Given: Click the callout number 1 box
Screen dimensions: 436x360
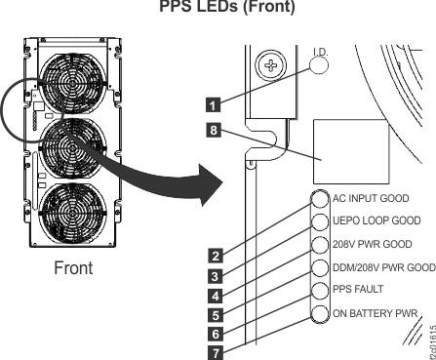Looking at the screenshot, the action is tap(213, 105).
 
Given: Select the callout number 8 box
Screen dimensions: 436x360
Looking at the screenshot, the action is tap(214, 130).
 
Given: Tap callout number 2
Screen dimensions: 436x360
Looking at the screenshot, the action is tap(216, 256).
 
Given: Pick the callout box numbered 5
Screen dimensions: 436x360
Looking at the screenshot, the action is tap(216, 315).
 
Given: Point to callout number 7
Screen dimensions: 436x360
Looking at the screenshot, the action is tap(216, 353).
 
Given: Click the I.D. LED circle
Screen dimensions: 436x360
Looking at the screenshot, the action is tap(318, 65).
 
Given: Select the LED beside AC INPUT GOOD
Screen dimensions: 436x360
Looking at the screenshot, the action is tap(320, 199).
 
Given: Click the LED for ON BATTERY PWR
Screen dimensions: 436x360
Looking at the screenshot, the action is tap(320, 314).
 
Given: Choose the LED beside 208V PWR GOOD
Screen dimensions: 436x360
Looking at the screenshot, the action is tap(320, 245).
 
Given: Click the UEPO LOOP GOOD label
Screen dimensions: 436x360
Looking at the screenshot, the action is tap(377, 220).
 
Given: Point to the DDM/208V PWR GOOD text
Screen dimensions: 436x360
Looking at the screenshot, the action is tap(384, 267).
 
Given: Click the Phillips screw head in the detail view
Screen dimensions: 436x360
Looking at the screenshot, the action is tap(271, 65).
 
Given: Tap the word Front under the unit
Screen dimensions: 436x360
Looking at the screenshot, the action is tap(73, 268).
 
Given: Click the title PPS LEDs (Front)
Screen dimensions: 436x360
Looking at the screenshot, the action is tap(227, 7).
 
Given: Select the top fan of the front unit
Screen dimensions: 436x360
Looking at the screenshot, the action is tap(73, 83).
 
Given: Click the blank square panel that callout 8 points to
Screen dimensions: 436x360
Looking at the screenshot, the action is tap(351, 151).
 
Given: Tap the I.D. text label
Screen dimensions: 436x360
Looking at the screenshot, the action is tap(321, 52).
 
